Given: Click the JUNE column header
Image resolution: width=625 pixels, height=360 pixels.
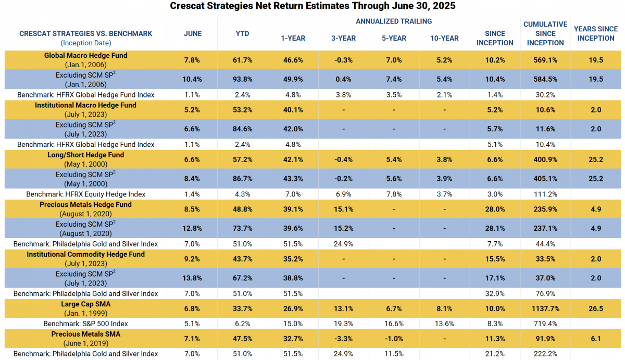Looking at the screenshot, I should point(193,33).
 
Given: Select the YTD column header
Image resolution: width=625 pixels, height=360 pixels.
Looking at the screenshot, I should point(242,33).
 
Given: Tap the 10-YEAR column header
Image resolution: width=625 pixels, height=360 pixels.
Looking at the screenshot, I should point(444,38).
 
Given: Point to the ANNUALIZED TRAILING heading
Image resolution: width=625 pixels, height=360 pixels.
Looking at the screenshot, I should point(393,21).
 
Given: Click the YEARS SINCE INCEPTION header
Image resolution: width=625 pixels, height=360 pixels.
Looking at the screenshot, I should point(596,33).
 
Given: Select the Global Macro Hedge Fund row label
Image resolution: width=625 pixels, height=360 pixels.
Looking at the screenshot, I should point(85,56).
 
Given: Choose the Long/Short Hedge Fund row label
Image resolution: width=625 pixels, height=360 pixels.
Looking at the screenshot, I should point(85,155).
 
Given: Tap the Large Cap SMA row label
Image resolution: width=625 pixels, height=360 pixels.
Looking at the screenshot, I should point(85,304).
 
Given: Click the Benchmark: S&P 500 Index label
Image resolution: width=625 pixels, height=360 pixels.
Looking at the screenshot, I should point(85,324).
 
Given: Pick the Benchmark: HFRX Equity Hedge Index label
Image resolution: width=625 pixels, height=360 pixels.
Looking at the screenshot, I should point(85,194).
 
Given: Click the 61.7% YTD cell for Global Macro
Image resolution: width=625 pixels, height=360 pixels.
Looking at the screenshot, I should point(242,60).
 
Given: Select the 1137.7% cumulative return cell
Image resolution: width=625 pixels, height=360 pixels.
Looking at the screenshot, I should point(545,309).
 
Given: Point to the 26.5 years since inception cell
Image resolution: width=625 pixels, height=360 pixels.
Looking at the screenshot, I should point(596,309).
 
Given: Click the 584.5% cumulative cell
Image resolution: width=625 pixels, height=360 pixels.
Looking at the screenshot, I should point(545,80).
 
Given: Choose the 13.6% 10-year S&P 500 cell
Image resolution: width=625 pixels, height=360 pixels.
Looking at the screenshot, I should point(444,324).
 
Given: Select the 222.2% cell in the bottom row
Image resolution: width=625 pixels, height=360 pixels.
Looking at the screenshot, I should point(545,354).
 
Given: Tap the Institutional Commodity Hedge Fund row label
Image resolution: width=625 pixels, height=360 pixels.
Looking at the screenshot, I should point(85,254).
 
